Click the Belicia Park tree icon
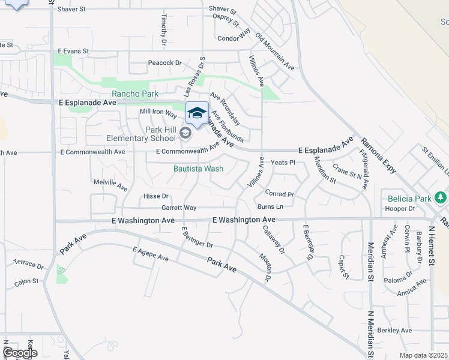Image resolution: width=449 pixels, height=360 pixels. click(441, 197)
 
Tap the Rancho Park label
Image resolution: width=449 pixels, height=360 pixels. click(134, 94)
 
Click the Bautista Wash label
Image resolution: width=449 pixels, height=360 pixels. click(198, 169)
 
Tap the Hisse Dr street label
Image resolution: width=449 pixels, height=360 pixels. click(156, 196)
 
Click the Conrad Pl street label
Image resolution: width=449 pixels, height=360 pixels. click(279, 194)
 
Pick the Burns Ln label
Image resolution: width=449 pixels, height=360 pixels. click(270, 207)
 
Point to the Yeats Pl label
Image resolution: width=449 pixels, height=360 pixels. click(283, 163)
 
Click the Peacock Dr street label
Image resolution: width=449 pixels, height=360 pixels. click(165, 63)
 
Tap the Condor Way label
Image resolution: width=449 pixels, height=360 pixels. click(234, 38)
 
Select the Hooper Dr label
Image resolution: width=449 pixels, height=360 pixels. click(400, 209)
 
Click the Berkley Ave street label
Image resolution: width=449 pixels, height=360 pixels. click(394, 330)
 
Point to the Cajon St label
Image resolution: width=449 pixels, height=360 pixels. click(26, 280)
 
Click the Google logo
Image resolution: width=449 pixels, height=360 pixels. click(20, 352)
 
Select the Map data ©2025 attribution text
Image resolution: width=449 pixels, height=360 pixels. click(424, 355)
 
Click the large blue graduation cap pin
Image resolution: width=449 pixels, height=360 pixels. click(196, 113)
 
